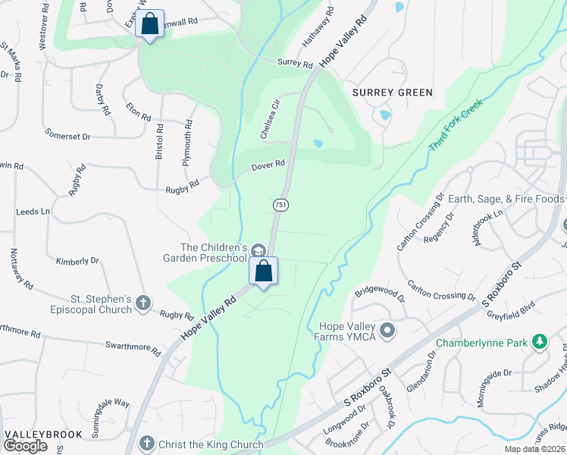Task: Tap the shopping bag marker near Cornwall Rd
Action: tap(150, 24)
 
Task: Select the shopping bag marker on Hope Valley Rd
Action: tap(264, 271)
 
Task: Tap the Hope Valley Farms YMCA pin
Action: tap(388, 331)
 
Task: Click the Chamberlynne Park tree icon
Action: tap(539, 342)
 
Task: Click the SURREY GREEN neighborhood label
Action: tap(393, 93)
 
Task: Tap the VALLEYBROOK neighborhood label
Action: tap(38, 435)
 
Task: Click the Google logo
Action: tap(25, 446)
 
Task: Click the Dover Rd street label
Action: tap(269, 164)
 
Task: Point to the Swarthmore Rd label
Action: tap(133, 349)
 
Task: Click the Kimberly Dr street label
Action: tap(77, 261)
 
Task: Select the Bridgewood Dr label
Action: tap(376, 290)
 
